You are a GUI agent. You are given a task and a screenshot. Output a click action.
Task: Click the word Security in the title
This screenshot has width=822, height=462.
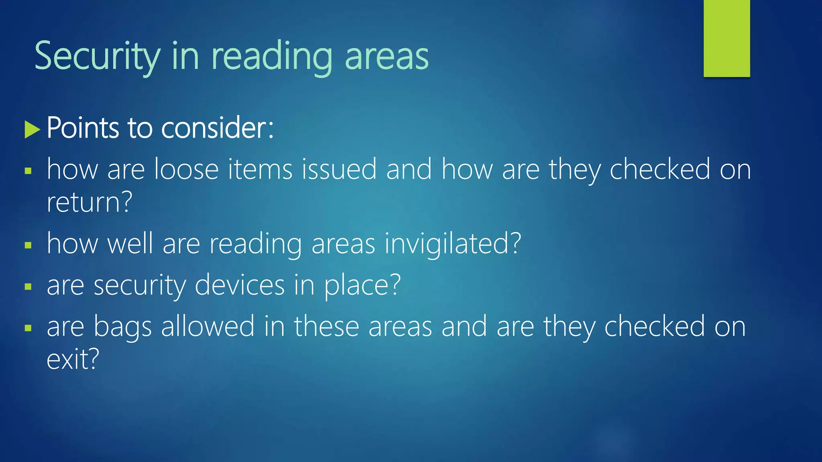[98, 56]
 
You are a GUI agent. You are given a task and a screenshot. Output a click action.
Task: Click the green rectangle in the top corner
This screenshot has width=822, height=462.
[726, 38]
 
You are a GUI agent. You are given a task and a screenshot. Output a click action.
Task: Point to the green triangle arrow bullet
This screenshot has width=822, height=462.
[32, 129]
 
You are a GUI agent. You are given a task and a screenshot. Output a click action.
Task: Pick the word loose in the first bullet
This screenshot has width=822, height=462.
[187, 169]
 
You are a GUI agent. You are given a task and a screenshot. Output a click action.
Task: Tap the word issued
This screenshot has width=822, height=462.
[339, 169]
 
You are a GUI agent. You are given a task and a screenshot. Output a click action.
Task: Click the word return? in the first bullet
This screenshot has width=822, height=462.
[89, 202]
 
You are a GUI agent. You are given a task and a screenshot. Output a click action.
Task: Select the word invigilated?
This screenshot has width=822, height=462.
[453, 244]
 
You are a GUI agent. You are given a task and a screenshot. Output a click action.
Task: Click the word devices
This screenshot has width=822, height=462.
[240, 285]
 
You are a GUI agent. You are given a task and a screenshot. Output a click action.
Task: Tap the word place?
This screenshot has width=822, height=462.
[362, 286]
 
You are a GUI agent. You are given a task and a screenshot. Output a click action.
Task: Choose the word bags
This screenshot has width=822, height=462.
[122, 327]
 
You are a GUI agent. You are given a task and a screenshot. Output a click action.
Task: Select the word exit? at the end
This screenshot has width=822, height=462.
[73, 359]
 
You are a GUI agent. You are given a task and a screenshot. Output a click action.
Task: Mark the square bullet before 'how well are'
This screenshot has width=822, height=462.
[28, 245]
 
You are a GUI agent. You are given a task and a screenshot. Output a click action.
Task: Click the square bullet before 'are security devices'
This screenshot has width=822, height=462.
[28, 286]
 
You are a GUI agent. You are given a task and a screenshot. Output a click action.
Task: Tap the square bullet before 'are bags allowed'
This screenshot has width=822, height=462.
[28, 328]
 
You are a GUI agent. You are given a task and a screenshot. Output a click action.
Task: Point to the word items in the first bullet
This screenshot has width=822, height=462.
[260, 169]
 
